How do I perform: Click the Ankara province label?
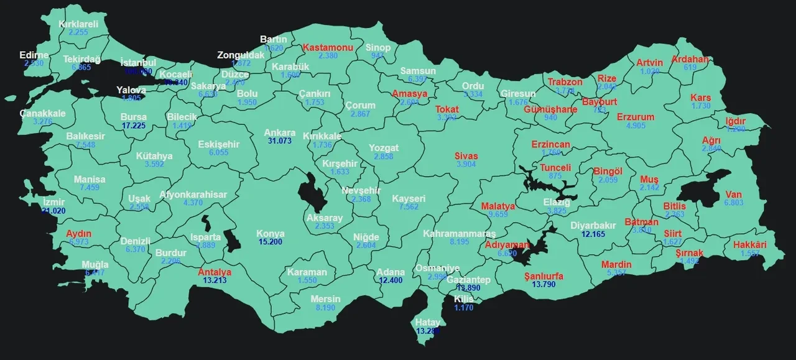click(x=279, y=132)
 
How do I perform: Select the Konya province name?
click(x=271, y=234)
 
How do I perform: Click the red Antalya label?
click(x=215, y=272)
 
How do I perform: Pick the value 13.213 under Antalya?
click(x=215, y=280)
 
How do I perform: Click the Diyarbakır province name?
click(x=593, y=226)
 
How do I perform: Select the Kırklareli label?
click(x=78, y=24)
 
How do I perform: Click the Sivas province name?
click(x=466, y=155)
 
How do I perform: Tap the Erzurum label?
click(x=636, y=117)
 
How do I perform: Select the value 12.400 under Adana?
click(x=391, y=280)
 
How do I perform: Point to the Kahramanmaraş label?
click(x=460, y=233)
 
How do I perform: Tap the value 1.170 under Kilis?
click(x=463, y=307)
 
